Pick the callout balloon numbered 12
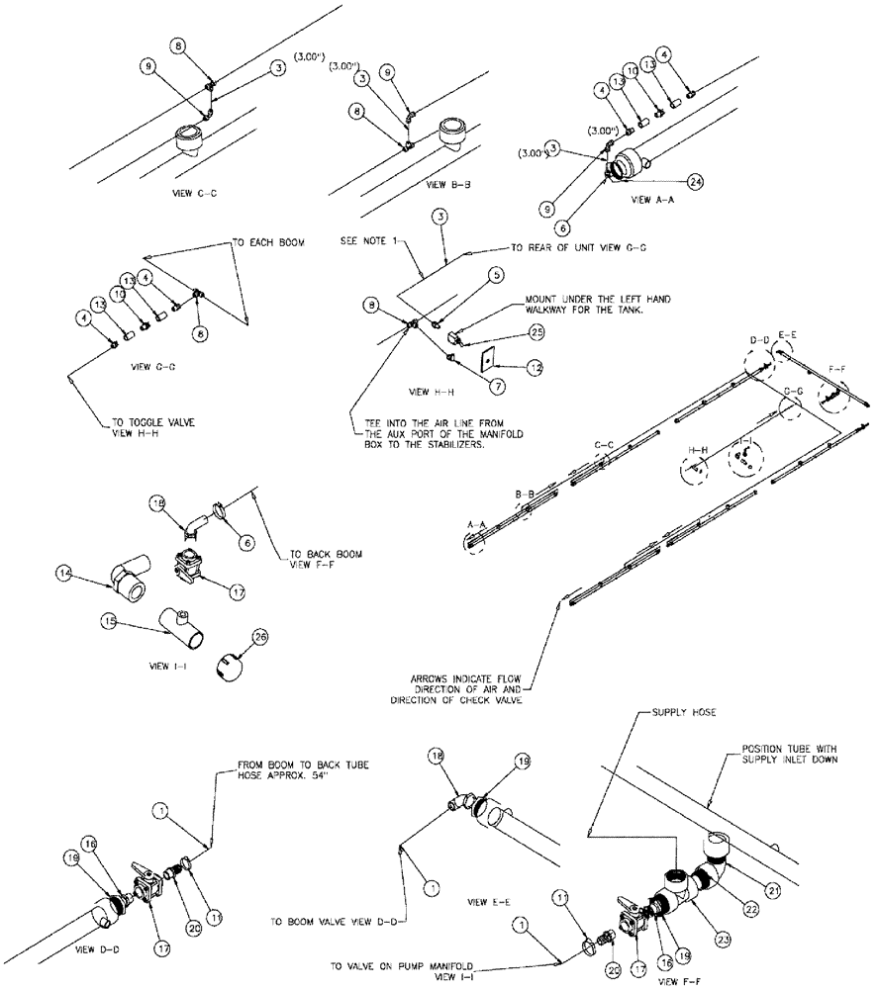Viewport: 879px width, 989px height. point(536,367)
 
